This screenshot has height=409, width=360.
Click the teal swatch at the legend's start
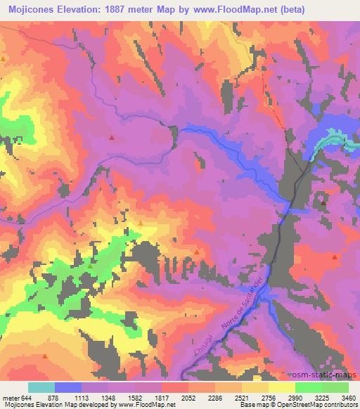click(x=41, y=387)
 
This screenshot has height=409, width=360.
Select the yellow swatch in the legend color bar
click(x=281, y=387)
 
